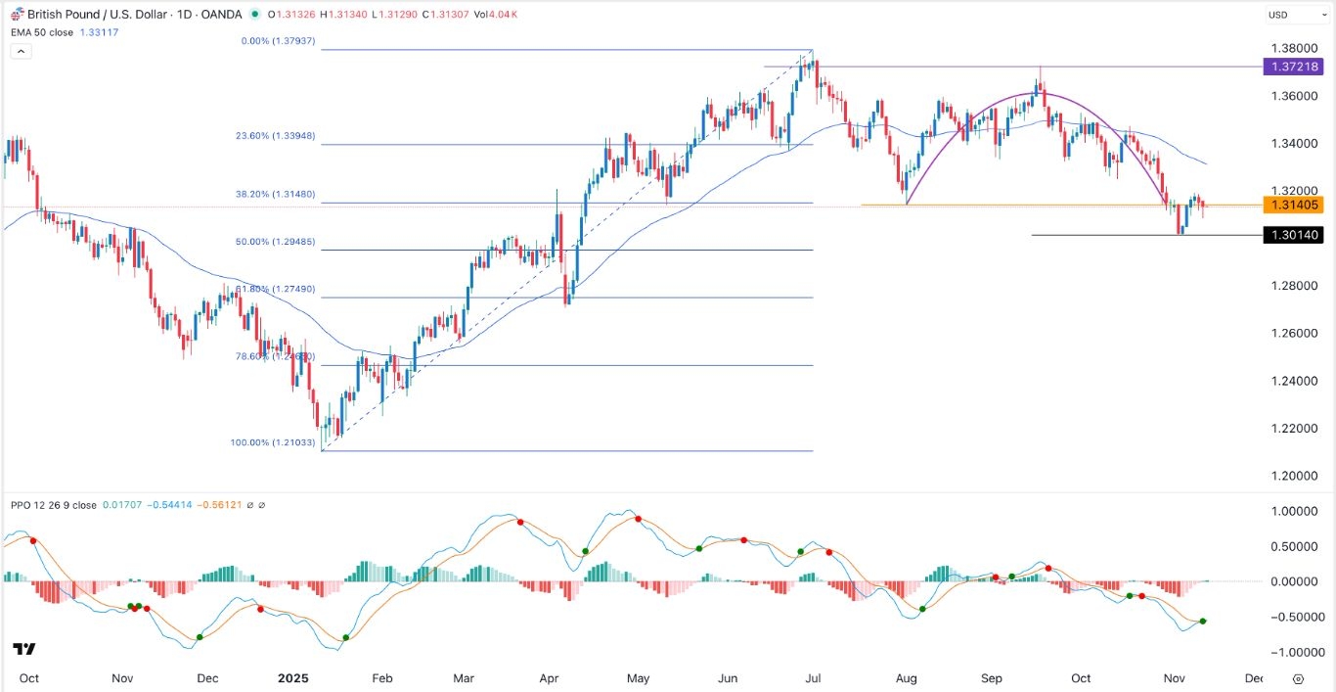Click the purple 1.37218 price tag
click(1293, 67)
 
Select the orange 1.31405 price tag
click(1293, 205)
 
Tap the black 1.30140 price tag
click(1293, 235)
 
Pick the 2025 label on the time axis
click(292, 678)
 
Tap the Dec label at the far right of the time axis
click(1254, 678)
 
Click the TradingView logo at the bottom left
click(24, 649)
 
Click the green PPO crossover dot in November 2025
click(1202, 622)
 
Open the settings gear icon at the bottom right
click(1298, 678)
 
